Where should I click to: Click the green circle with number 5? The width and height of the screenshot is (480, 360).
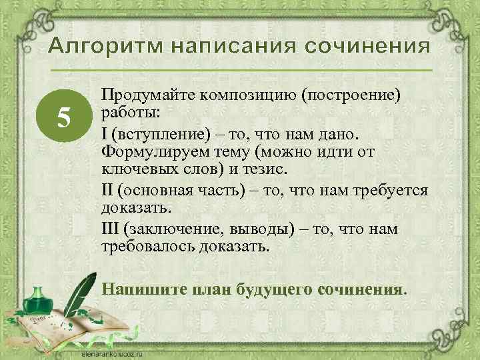pos(63,117)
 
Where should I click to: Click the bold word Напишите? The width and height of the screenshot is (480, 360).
pos(135,290)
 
